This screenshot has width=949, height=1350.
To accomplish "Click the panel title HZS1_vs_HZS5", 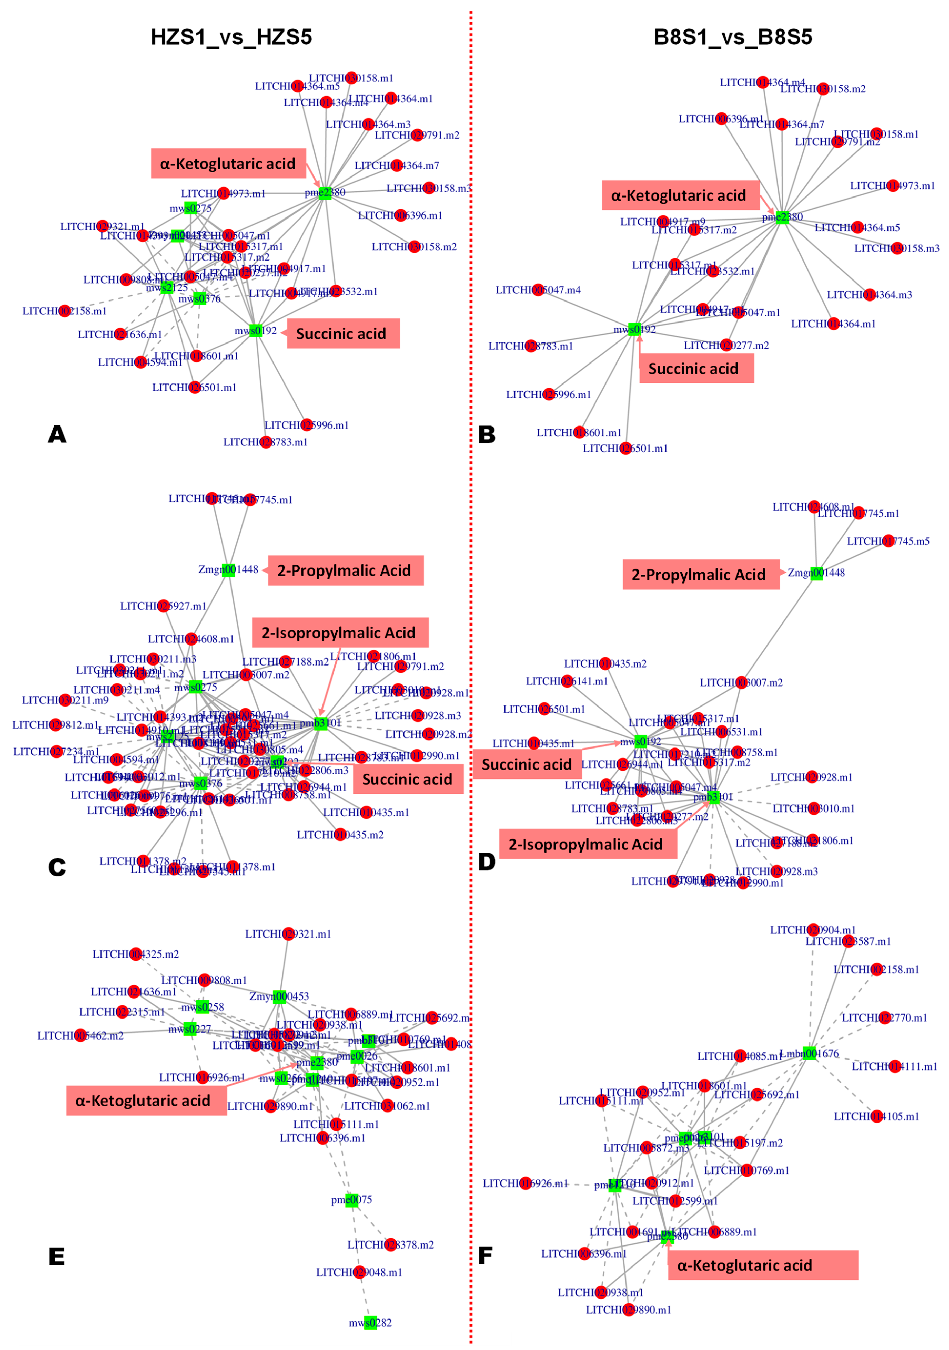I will pos(231,37).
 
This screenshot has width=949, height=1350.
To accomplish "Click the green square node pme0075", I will pos(352,1199).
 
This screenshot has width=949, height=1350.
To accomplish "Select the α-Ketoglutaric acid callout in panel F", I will pos(762,1265).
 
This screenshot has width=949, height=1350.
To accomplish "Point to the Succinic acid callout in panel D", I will pos(527,764).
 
